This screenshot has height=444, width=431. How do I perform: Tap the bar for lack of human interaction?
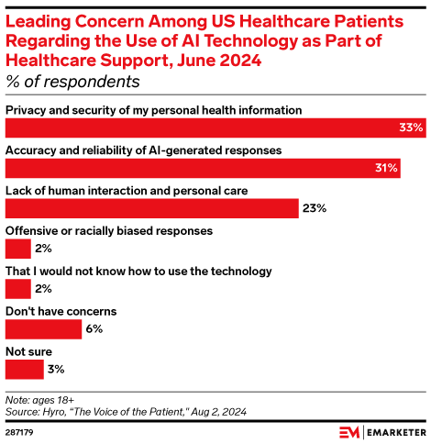click(152, 208)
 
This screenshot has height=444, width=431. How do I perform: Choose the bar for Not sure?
click(24, 369)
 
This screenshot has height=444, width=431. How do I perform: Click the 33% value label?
click(410, 128)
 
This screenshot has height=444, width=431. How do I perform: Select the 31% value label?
click(385, 168)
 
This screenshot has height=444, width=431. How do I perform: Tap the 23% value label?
click(315, 208)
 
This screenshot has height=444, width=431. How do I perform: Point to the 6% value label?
click(92, 328)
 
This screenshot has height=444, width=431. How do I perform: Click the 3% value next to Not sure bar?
click(56, 369)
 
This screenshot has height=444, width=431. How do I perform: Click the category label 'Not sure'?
click(28, 351)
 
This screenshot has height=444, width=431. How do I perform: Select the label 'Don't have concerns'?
click(61, 311)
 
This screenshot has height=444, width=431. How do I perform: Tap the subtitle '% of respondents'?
click(73, 81)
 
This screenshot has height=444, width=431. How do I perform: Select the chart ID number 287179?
click(20, 429)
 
